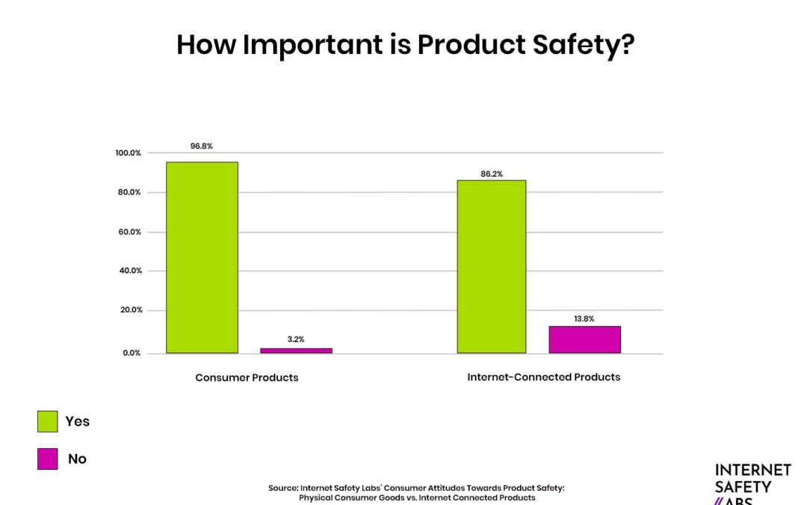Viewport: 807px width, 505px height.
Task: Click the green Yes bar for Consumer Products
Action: tap(202, 257)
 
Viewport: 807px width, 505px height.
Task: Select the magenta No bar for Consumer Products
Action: tap(297, 350)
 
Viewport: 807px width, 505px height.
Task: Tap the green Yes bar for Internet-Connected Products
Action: tap(491, 266)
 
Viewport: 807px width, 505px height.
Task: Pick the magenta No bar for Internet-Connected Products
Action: tap(585, 339)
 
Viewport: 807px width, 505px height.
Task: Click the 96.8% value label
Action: tap(202, 146)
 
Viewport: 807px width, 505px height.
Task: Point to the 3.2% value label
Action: tap(297, 339)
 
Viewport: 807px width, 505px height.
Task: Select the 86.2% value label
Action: tap(492, 174)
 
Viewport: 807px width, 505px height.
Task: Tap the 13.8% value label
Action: tap(584, 319)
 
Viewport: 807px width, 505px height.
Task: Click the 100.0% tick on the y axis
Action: tap(128, 153)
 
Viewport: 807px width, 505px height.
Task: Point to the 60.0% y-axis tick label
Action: tap(129, 232)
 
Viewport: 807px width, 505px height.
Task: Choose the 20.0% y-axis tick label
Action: tap(129, 310)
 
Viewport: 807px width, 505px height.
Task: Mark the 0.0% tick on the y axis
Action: tap(132, 353)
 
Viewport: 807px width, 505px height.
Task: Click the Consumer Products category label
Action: tap(247, 378)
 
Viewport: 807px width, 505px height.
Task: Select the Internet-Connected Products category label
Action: tap(544, 377)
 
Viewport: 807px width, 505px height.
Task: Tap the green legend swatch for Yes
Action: tap(47, 421)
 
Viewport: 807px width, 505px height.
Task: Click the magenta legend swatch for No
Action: tap(47, 459)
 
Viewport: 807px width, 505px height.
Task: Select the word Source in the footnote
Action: tap(282, 488)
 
